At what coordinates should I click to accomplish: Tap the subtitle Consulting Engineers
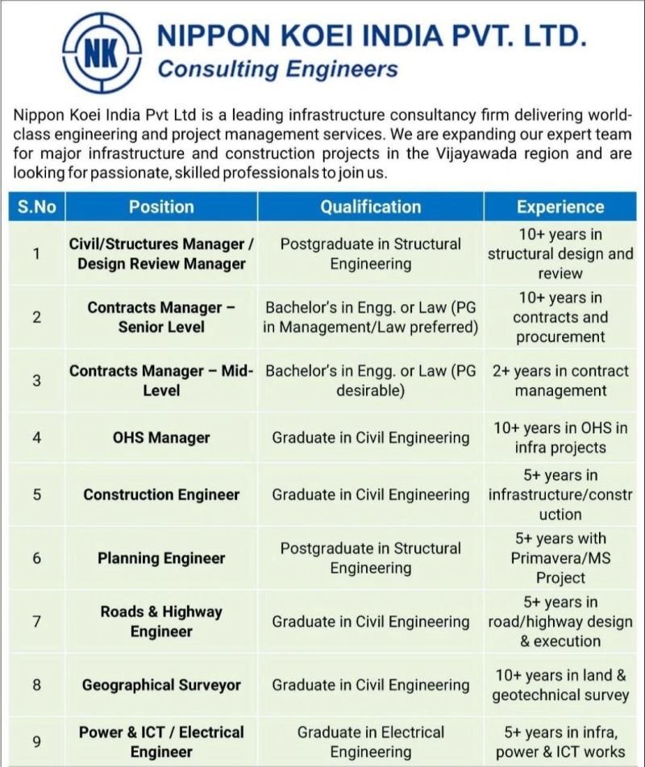[x=277, y=69]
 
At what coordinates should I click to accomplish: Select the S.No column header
[x=36, y=206]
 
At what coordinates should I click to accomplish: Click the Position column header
[x=161, y=206]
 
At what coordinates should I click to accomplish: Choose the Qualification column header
[x=370, y=206]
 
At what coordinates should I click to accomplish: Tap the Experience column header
[x=560, y=206]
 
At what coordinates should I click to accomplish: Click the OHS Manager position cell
[x=161, y=438]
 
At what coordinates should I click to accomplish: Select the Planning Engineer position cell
[x=161, y=558]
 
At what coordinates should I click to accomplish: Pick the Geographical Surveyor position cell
[x=161, y=686]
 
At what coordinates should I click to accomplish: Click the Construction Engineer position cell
[x=161, y=494]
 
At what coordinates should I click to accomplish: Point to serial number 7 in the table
[x=36, y=622]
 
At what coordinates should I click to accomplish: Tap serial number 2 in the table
[x=36, y=317]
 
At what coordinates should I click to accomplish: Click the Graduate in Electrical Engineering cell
[x=370, y=742]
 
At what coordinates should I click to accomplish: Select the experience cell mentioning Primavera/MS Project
[x=560, y=558]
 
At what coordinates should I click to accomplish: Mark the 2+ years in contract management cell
[x=560, y=381]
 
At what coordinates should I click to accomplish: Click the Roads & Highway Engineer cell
[x=161, y=622]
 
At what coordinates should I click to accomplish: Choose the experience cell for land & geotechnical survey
[x=560, y=686]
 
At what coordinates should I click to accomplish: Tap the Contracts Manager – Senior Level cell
[x=161, y=317]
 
